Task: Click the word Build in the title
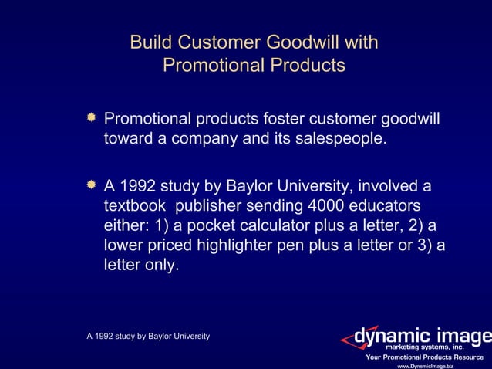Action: click(x=149, y=42)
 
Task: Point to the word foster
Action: click(x=281, y=120)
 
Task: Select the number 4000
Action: click(x=330, y=207)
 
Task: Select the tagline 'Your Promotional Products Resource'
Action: click(x=424, y=357)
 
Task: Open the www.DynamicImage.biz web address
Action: click(x=424, y=365)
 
